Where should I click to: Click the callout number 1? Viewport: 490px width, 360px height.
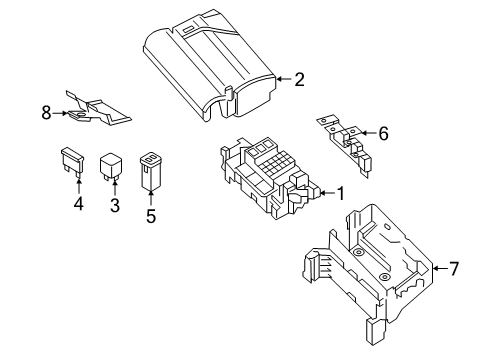click(x=340, y=193)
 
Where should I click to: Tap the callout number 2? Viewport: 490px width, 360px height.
click(x=299, y=79)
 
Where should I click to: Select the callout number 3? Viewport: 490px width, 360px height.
click(x=115, y=205)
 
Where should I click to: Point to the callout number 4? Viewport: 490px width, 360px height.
click(x=79, y=203)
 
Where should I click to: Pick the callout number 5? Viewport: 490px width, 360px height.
click(x=151, y=216)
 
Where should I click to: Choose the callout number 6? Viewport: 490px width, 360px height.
click(x=383, y=133)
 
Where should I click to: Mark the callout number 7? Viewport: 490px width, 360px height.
click(x=454, y=269)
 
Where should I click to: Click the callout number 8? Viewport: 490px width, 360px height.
click(x=46, y=113)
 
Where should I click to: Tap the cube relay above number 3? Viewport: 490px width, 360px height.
click(x=111, y=166)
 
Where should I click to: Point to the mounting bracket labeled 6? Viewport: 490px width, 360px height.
click(x=345, y=145)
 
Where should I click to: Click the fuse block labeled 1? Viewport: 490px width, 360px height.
click(x=270, y=178)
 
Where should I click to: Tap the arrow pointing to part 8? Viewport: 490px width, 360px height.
click(x=60, y=113)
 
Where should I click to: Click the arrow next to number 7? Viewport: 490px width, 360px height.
click(x=440, y=268)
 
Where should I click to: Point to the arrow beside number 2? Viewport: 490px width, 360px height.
click(x=284, y=79)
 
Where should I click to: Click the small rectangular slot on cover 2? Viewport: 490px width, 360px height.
click(x=187, y=29)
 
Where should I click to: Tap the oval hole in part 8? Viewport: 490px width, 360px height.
click(x=80, y=115)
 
